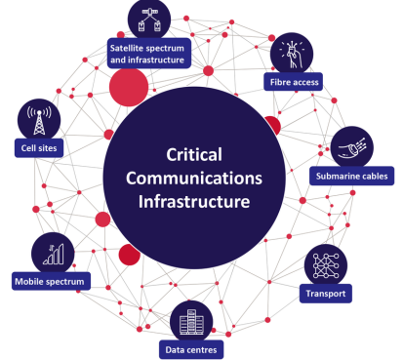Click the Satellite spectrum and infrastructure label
(x=161, y=52)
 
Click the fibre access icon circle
(x=291, y=51)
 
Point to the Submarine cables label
(x=352, y=177)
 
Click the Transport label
(x=326, y=293)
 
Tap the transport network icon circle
(x=326, y=263)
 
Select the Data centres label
(x=192, y=348)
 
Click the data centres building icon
(x=191, y=318)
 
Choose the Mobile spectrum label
(x=50, y=282)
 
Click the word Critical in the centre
(x=195, y=155)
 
